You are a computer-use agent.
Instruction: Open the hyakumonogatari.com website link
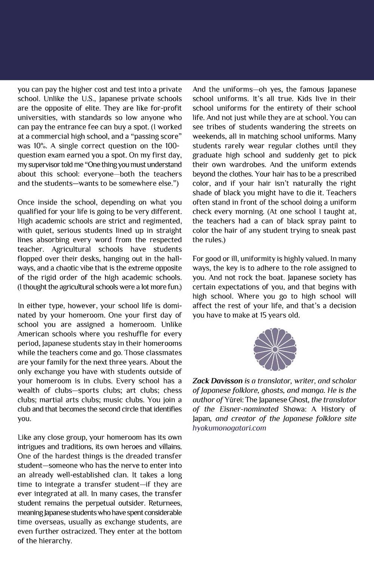[229, 428]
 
